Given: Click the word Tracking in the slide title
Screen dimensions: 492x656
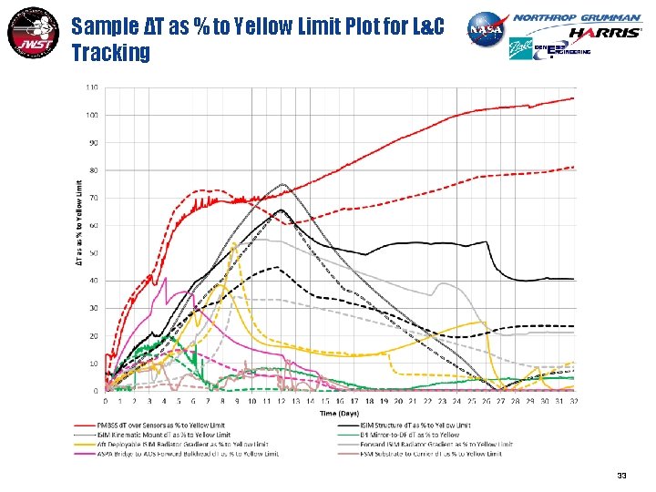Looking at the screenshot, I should [110, 54].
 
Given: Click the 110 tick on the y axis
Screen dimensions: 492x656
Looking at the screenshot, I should [92, 87].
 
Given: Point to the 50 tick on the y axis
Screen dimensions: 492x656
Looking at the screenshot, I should [94, 253].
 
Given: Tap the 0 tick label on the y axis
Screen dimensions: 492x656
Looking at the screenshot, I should [97, 391].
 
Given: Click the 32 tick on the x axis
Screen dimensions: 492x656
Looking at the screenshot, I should [574, 400].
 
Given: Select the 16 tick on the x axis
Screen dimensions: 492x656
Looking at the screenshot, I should [340, 400].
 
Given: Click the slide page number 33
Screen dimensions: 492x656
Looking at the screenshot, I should [621, 475].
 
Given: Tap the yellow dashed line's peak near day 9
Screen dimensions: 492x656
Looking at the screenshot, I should [235, 244].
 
